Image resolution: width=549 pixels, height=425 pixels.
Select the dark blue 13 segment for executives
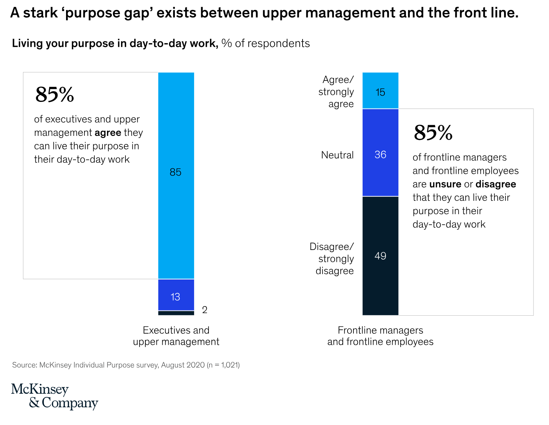(176, 295)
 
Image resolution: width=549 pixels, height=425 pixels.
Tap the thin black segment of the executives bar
(176, 313)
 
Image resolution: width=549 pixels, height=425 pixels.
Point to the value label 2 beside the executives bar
(205, 310)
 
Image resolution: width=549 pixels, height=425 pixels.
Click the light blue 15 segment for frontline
(380, 90)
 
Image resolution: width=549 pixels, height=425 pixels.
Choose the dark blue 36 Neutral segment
(380, 152)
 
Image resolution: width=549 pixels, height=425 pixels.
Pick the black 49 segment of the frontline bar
(380, 256)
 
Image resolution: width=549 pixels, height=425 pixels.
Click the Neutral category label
(337, 155)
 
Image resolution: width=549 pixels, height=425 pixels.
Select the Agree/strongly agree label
(336, 92)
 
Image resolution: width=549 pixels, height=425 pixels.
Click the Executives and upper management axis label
(176, 336)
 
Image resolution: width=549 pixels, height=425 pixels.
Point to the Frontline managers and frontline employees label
(380, 336)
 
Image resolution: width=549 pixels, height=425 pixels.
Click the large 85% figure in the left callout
(55, 95)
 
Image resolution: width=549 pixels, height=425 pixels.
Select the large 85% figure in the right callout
(433, 133)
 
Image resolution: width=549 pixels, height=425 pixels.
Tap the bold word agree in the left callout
(108, 133)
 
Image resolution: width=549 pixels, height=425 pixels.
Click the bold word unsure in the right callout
(445, 184)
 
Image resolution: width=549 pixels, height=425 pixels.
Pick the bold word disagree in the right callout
(496, 184)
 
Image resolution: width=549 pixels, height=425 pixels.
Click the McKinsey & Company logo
(54, 396)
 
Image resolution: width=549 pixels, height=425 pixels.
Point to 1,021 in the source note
(229, 365)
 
